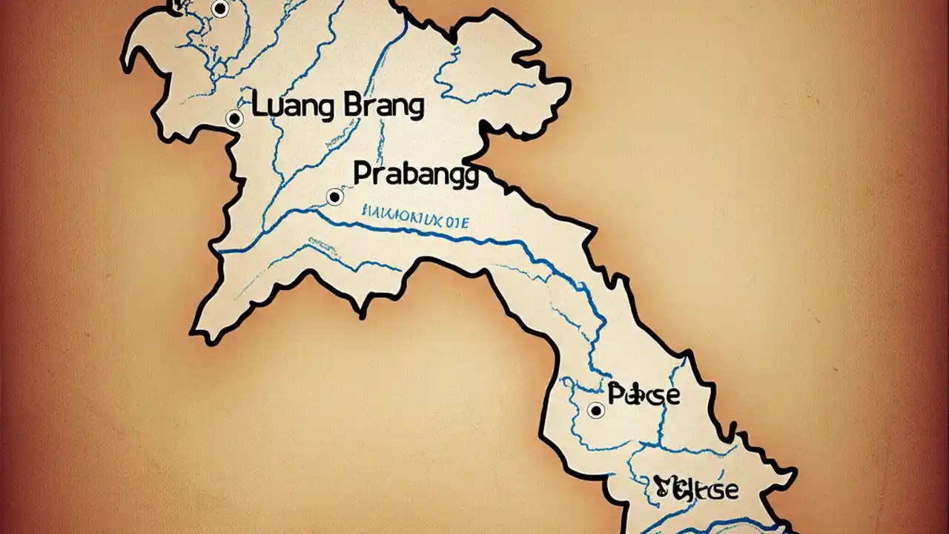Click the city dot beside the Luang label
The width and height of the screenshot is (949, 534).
coord(234,118)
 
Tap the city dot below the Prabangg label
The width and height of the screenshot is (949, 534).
coord(334,197)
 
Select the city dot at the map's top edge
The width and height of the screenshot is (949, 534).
coord(219,9)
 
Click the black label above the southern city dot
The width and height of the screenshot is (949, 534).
coord(643,394)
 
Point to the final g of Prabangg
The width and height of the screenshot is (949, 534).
coord(469,178)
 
